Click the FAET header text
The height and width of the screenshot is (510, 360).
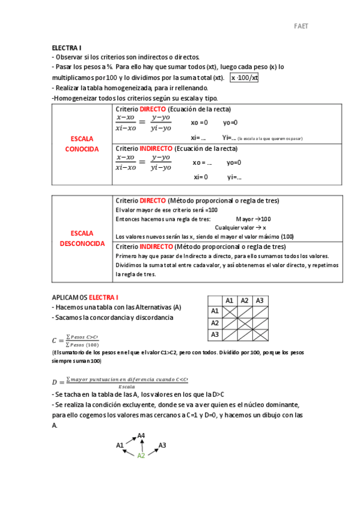(x=301, y=26)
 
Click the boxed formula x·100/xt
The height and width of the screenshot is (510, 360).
(x=245, y=78)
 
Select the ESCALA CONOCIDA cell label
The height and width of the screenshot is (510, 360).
(x=82, y=144)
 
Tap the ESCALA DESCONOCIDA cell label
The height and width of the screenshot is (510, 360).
(x=82, y=238)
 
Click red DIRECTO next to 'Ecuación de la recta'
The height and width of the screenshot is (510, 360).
(x=153, y=109)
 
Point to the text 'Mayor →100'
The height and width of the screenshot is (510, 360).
(x=253, y=219)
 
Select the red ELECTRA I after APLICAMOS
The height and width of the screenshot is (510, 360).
(x=103, y=297)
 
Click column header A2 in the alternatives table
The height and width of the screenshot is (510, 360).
(x=244, y=301)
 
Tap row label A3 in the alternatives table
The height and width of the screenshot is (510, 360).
(x=214, y=334)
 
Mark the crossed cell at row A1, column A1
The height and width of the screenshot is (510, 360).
(x=229, y=312)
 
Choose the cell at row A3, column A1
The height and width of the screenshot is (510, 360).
(x=229, y=334)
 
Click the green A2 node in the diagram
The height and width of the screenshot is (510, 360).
(x=141, y=455)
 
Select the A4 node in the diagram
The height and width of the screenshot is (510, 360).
(x=141, y=435)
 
